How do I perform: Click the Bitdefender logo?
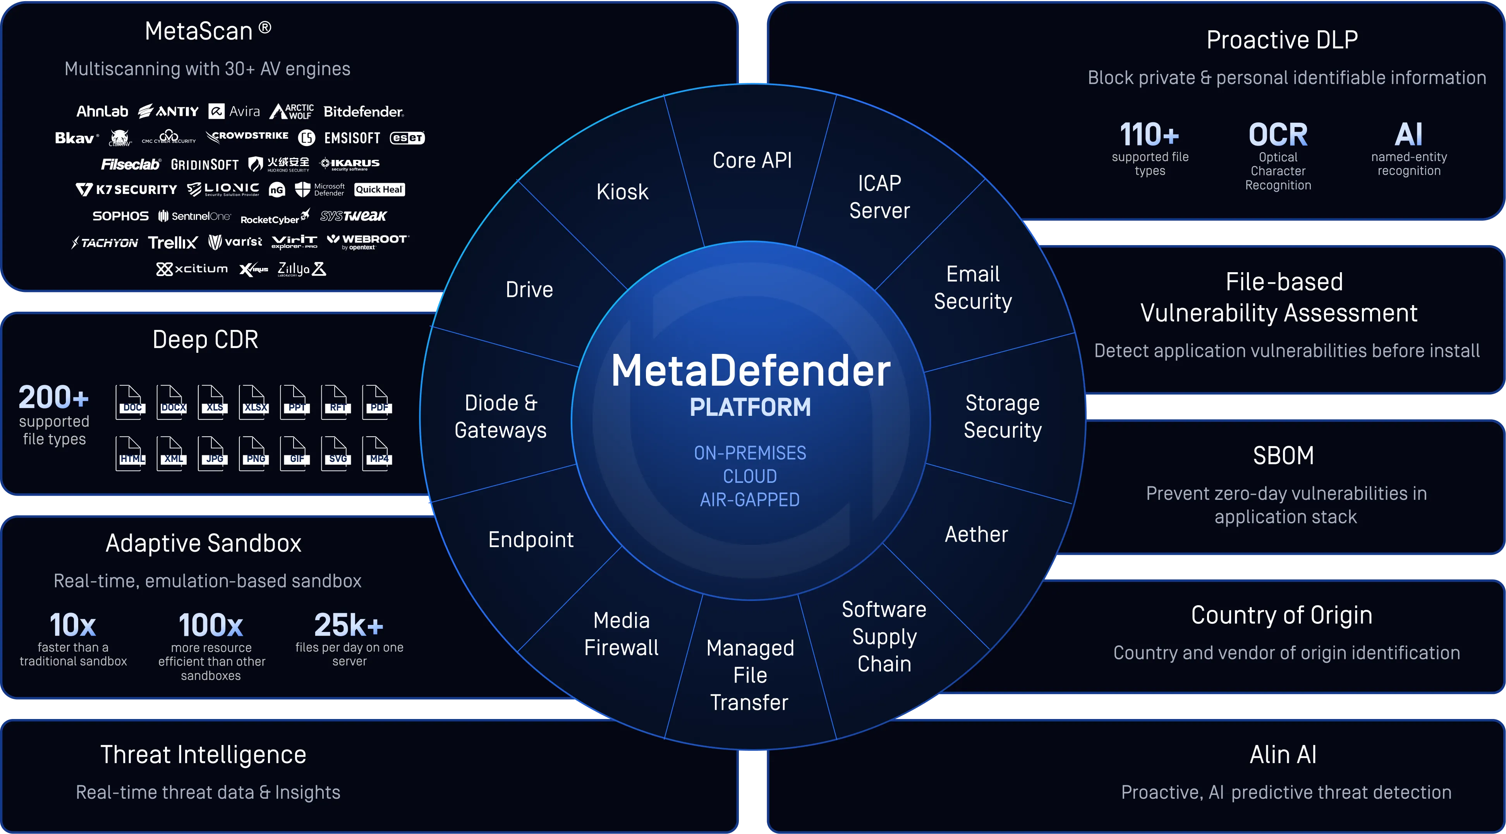click(363, 112)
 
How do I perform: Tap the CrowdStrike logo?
click(247, 136)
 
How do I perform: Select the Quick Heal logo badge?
click(379, 189)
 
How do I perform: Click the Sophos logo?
click(120, 216)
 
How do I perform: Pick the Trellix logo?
click(172, 242)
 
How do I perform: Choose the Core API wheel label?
click(752, 160)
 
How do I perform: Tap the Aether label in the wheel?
click(976, 534)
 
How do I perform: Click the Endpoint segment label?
click(531, 539)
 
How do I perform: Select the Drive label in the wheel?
click(529, 289)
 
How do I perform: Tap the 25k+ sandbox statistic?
click(349, 625)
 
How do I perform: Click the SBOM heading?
click(1283, 455)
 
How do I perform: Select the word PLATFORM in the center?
click(750, 407)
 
